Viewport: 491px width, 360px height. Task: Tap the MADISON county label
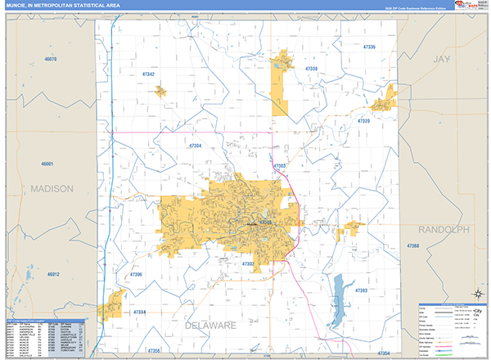tap(52, 188)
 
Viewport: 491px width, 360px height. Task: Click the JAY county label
tap(442, 61)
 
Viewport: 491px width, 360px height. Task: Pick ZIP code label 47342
tap(148, 74)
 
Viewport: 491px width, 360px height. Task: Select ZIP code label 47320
tap(364, 120)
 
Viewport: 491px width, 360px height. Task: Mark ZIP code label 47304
tap(195, 145)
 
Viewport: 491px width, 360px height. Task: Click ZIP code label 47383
tap(361, 290)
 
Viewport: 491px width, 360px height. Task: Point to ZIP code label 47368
tap(412, 246)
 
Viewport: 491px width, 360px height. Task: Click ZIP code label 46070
tap(51, 60)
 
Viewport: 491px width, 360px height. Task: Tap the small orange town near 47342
tap(160, 89)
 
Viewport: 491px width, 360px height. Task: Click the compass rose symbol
tap(475, 294)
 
